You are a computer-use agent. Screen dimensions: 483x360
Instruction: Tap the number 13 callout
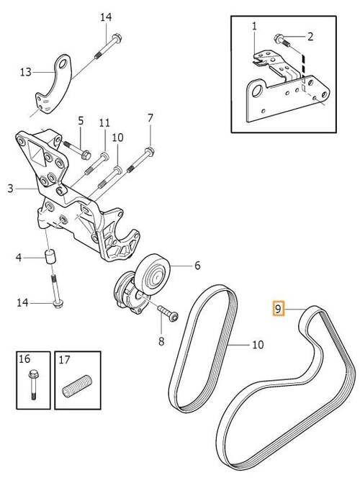click(x=26, y=72)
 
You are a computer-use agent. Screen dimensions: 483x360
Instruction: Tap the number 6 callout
click(x=197, y=266)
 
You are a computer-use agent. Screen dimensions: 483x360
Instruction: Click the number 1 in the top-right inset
click(x=254, y=27)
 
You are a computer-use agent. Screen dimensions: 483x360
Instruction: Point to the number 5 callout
click(x=81, y=120)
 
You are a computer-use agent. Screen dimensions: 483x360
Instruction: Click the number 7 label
click(x=150, y=117)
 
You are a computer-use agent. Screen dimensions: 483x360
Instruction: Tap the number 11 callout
click(x=105, y=122)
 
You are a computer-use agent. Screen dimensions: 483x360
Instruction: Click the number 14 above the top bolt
click(x=106, y=17)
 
